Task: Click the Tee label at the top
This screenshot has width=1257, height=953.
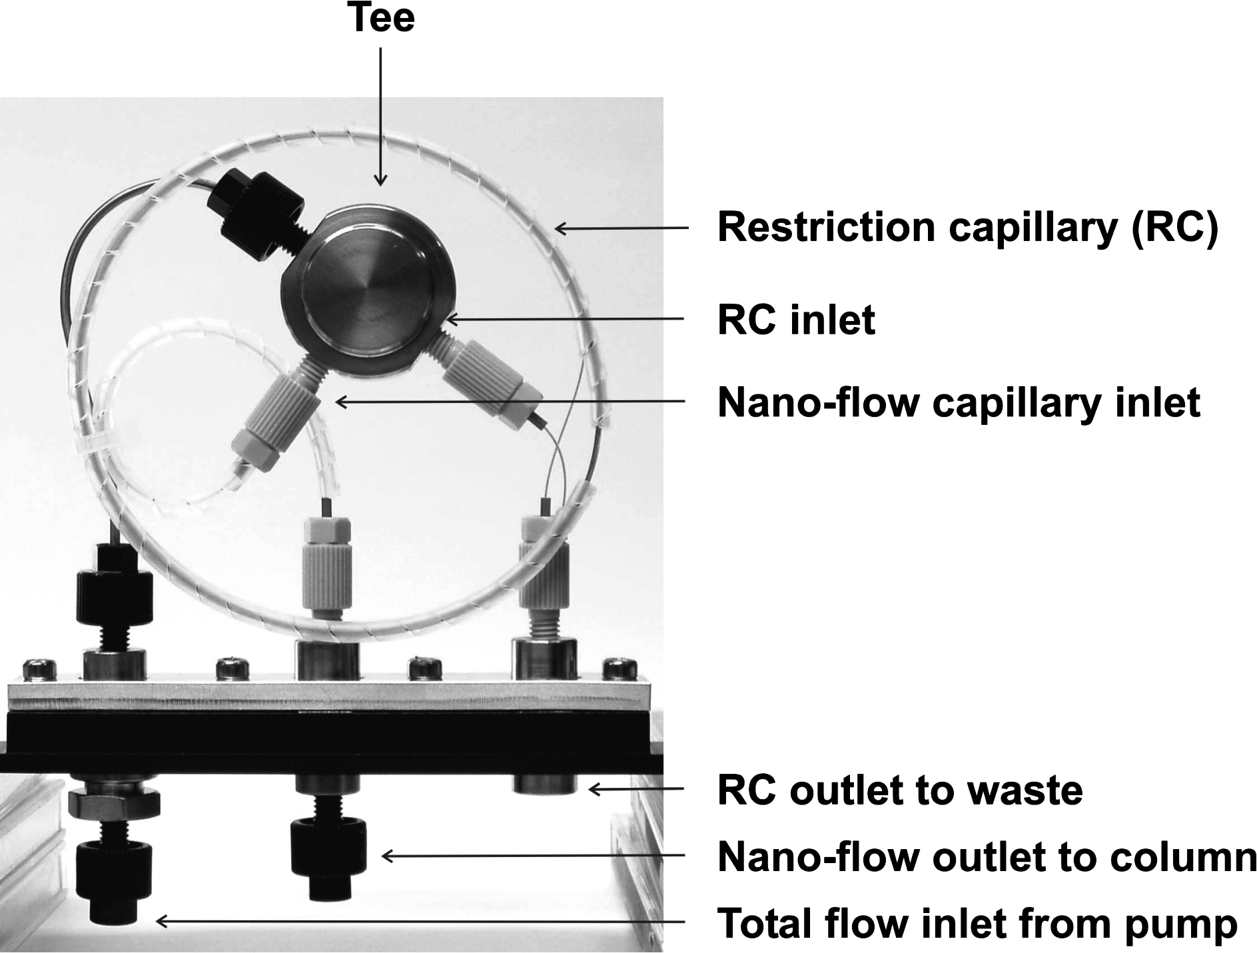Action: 380,18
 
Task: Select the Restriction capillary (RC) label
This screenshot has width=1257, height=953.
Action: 967,228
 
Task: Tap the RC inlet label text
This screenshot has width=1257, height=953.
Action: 796,320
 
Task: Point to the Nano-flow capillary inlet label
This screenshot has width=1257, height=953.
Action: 959,402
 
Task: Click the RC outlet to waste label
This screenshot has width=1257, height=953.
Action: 899,791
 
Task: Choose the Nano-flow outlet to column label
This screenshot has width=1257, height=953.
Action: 986,857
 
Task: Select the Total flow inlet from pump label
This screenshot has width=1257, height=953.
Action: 977,924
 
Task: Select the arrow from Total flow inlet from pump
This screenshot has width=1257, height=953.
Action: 420,922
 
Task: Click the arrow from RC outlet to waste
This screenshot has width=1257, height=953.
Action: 636,790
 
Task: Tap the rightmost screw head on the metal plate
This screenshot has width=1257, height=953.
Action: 619,669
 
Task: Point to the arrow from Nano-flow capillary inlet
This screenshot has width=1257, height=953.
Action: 510,402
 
